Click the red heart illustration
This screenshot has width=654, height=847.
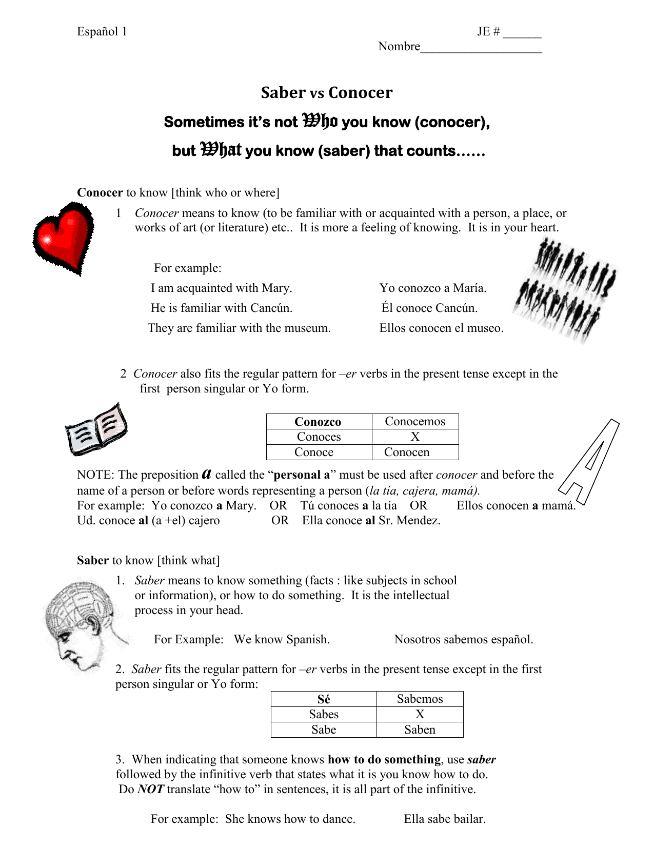[64, 238]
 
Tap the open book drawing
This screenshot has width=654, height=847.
[96, 430]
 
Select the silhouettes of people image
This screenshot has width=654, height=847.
[564, 291]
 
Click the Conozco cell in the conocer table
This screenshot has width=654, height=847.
[318, 422]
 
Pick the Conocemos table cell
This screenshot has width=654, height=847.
[415, 421]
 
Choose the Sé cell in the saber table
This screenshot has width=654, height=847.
[324, 699]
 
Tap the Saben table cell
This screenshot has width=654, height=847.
[420, 730]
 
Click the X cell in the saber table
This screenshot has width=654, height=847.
[420, 714]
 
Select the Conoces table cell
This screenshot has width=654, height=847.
[319, 437]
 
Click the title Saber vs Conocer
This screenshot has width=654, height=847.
[326, 92]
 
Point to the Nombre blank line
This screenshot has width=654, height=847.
[481, 48]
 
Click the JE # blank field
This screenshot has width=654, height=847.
[522, 33]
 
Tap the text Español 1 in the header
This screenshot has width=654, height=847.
[102, 32]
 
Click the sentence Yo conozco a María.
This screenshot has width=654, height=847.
[432, 288]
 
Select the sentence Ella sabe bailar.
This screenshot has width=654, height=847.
[444, 819]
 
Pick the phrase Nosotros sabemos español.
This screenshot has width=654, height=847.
[463, 639]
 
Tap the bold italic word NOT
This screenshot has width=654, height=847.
[151, 789]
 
